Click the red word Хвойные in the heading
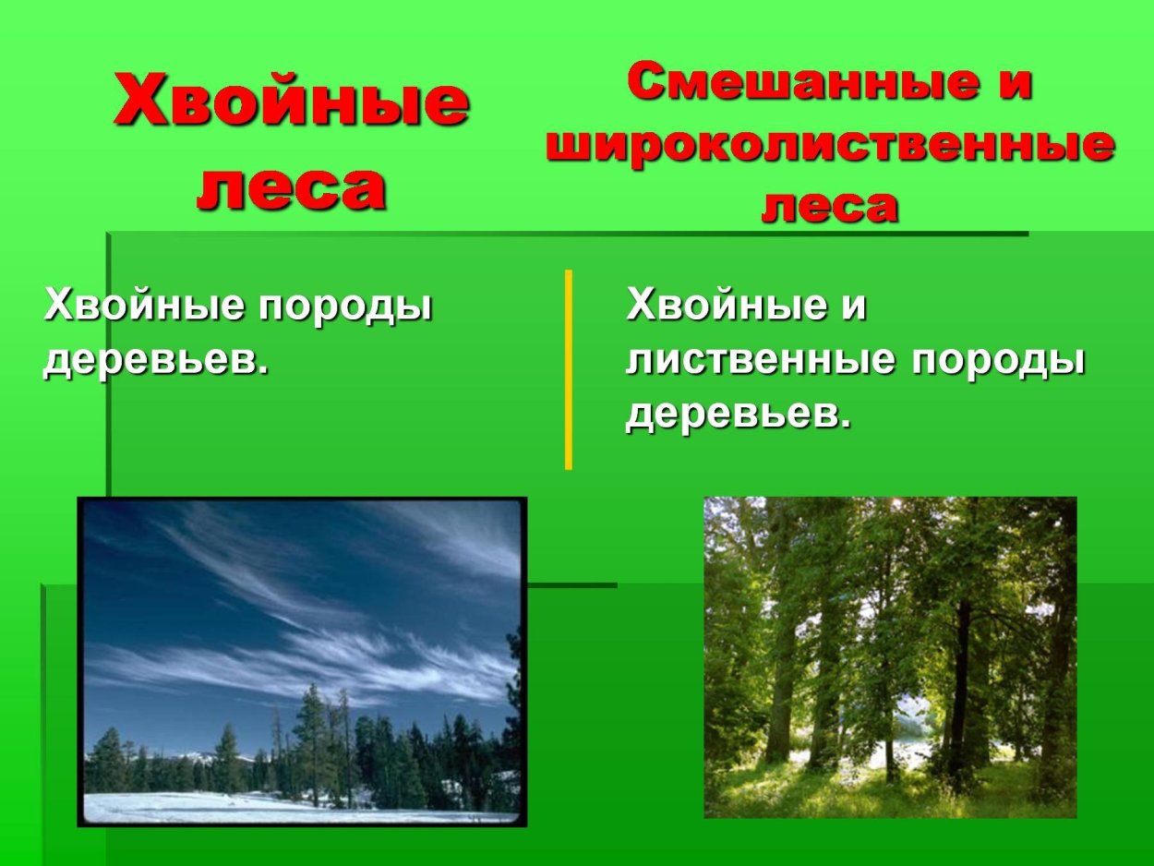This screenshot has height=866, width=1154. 291,102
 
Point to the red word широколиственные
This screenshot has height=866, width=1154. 829,146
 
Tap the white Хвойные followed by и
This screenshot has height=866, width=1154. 726,306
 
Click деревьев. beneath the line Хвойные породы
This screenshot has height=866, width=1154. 156,361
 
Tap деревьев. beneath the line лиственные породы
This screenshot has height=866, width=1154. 738,416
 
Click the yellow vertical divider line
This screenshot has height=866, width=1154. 569,369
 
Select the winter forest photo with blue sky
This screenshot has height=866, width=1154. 302,661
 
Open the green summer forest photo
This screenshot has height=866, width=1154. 890,657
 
